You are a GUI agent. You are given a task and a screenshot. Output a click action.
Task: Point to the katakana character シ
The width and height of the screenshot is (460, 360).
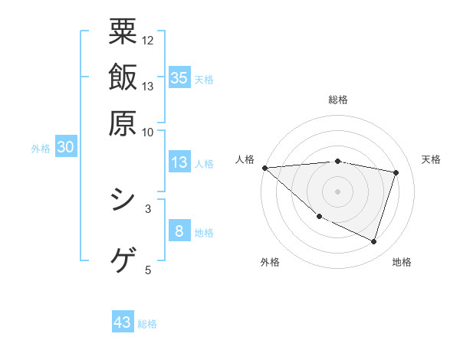[123, 201]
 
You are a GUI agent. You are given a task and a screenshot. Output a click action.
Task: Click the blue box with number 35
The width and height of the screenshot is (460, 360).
[179, 77]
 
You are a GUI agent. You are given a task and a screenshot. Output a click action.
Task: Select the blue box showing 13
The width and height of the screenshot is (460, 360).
[179, 162]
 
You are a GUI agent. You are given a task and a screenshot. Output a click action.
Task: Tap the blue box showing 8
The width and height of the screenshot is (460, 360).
[179, 231]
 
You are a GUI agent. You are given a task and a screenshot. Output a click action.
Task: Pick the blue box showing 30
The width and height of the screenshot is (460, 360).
[65, 148]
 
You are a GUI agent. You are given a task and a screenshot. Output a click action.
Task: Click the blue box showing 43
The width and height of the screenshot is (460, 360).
[123, 322]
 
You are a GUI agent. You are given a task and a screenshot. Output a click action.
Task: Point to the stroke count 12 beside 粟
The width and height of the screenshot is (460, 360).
[148, 40]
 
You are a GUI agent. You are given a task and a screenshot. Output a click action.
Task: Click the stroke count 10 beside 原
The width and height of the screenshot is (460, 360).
[148, 132]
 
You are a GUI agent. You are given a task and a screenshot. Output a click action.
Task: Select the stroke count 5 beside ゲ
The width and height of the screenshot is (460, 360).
[148, 270]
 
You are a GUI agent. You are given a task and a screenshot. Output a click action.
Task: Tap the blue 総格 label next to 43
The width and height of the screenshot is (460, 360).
[147, 324]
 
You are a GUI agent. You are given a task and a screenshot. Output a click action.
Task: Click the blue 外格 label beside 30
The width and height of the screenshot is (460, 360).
[41, 149]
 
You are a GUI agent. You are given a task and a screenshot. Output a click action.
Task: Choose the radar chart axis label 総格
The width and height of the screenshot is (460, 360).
[337, 100]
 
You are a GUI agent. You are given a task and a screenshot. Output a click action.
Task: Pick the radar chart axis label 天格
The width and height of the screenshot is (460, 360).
[431, 159]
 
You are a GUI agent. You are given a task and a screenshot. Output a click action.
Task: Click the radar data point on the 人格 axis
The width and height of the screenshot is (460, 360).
[264, 168]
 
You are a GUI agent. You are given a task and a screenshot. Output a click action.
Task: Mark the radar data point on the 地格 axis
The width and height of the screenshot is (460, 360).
[373, 241]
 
